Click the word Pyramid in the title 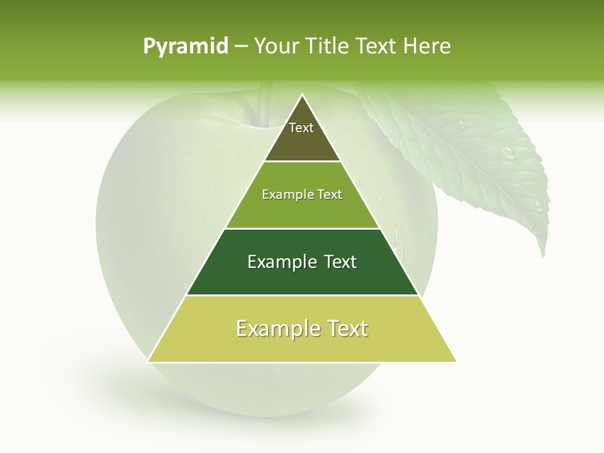pyautogui.click(x=186, y=47)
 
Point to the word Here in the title pyautogui.click(x=427, y=47)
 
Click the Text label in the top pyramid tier pyautogui.click(x=301, y=128)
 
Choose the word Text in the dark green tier pyautogui.click(x=340, y=262)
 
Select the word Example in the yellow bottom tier pyautogui.click(x=275, y=328)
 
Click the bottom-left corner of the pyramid pyautogui.click(x=148, y=361)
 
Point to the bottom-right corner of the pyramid pyautogui.click(x=456, y=361)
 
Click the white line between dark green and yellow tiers pyautogui.click(x=302, y=295)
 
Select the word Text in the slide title pyautogui.click(x=375, y=47)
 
